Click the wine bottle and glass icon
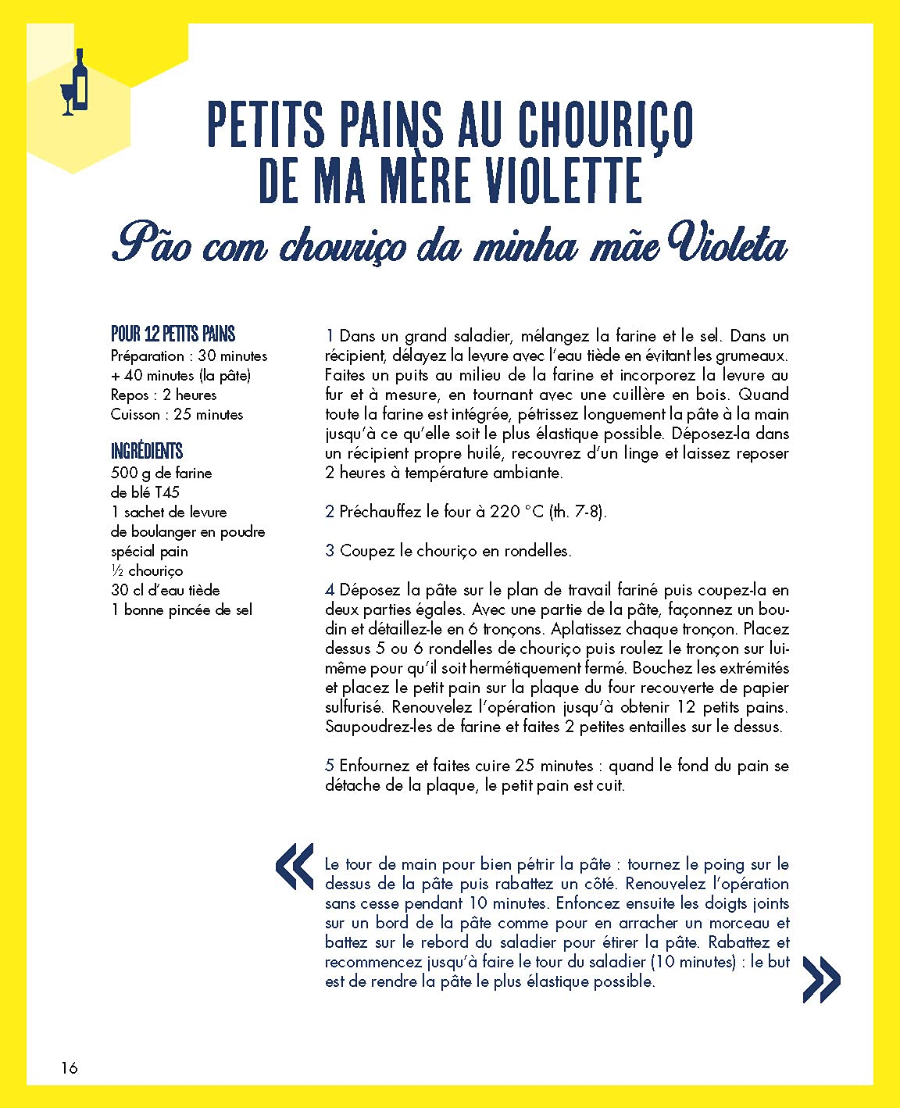pos(75,83)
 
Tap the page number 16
pos(70,1067)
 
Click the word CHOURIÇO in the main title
pos(605,125)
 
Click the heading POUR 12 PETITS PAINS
pos(173,334)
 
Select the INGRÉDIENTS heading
pos(147,451)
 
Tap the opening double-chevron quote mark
pos(295,867)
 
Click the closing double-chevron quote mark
pos(821,980)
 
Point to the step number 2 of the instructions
pos(330,512)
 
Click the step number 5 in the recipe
pos(330,766)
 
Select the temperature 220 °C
pos(516,512)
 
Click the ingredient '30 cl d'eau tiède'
pos(166,590)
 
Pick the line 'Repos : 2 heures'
pos(163,395)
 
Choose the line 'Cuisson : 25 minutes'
pos(177,414)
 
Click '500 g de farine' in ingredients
pos(162,473)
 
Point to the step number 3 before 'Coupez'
pos(330,551)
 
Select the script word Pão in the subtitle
pos(152,243)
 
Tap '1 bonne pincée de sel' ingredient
pos(181,609)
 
